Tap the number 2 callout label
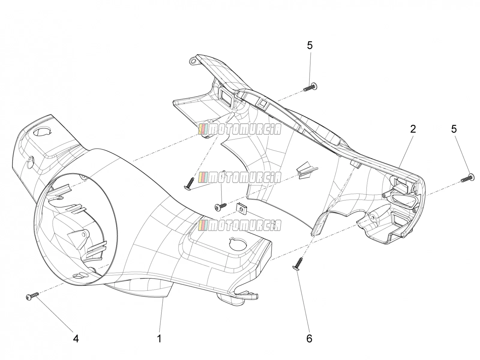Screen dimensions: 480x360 (413, 129)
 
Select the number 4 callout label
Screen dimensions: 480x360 (76, 339)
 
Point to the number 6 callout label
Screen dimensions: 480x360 (309, 339)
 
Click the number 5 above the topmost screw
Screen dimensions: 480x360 (310, 46)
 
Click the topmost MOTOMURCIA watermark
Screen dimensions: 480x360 (239, 129)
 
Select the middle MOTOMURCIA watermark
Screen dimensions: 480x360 (239, 177)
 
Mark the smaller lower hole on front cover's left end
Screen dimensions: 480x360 (30, 162)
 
